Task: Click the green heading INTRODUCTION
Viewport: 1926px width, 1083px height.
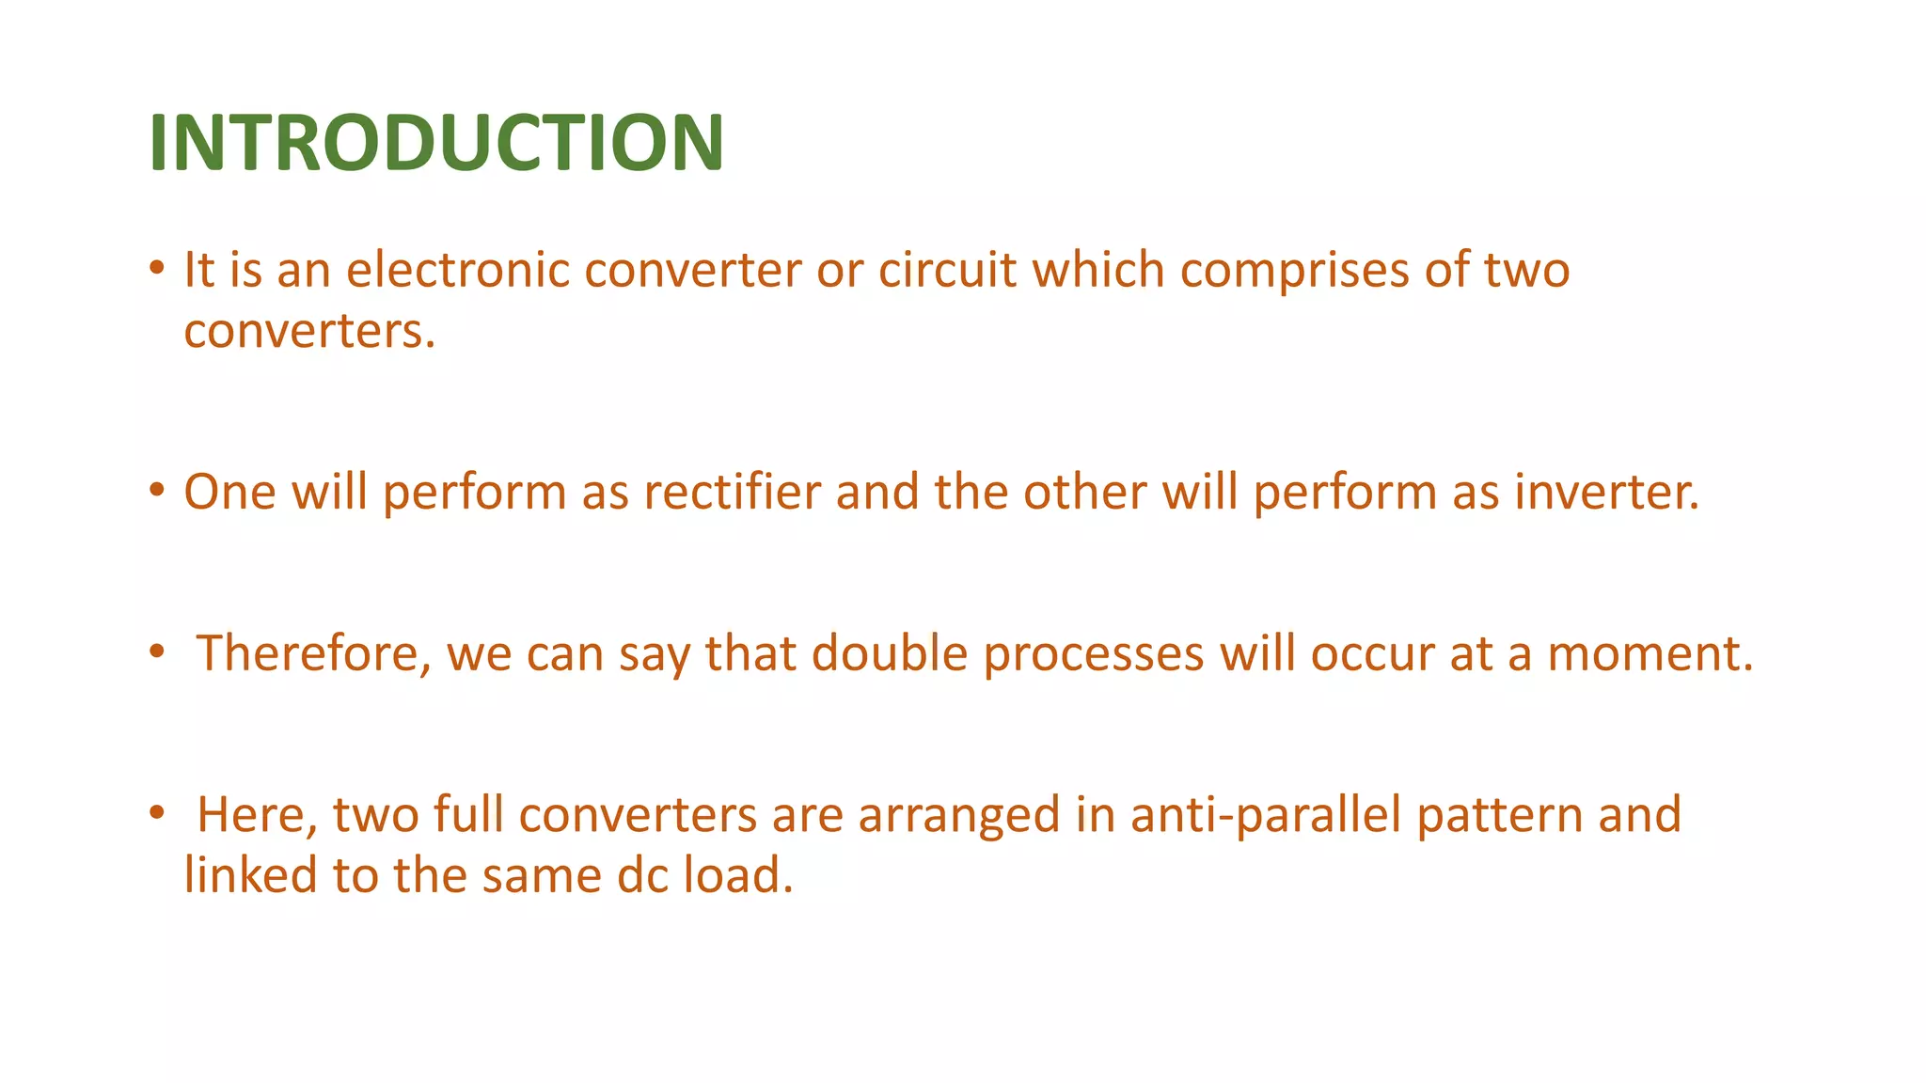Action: coord(436,143)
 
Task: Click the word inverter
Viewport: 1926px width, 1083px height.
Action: coord(1606,492)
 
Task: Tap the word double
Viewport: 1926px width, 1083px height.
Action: coord(890,653)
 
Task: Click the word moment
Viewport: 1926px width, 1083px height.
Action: coord(1650,653)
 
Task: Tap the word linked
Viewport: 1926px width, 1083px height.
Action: coord(250,875)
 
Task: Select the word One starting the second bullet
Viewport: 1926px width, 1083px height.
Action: coord(229,492)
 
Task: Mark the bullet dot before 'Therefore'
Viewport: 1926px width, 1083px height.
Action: coord(157,650)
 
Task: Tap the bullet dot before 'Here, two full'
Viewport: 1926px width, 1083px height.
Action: coord(157,811)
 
